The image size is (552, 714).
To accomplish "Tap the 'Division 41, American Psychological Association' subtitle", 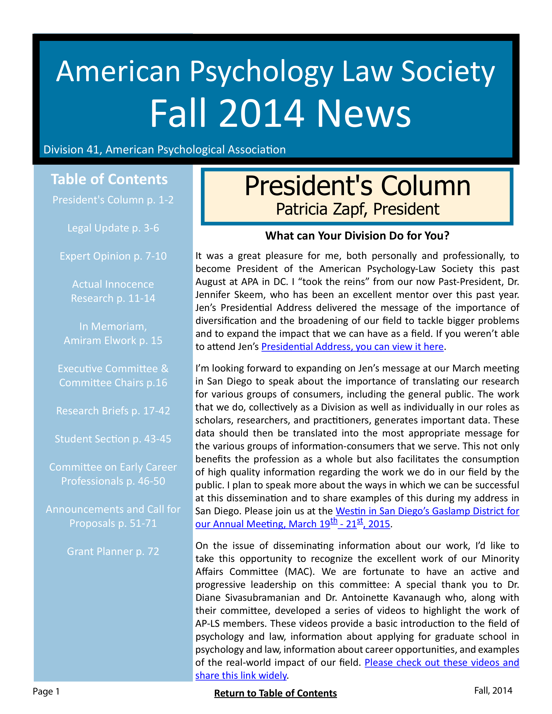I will click(x=165, y=150).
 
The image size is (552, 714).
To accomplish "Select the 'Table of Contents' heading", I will click(x=109, y=180).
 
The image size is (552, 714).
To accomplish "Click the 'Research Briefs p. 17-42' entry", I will click(x=113, y=411).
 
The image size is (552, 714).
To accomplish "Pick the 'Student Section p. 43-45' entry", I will click(x=113, y=439).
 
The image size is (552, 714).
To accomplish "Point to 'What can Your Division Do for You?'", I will click(x=357, y=236).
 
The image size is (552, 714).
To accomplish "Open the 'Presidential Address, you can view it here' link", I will click(x=352, y=347).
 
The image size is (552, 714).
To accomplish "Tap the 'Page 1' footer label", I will click(x=46, y=691).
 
